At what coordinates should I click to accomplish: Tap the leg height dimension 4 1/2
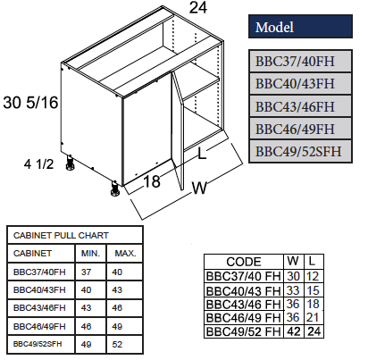[38, 163]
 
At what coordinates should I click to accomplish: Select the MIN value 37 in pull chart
[87, 272]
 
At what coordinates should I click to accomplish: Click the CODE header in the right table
[244, 262]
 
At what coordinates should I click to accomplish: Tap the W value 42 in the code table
[292, 334]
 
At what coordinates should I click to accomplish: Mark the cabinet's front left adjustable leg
[115, 189]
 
